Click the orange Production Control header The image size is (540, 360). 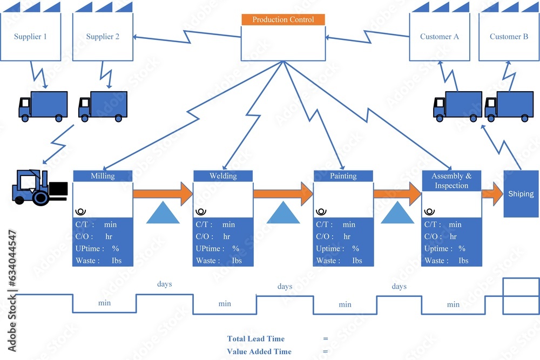tap(283, 19)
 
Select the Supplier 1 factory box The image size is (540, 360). tap(30, 36)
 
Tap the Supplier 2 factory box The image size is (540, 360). tap(103, 36)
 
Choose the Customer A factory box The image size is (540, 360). tap(439, 36)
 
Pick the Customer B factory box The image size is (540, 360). tap(509, 36)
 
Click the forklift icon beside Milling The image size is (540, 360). tap(39, 187)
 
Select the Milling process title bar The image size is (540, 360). tap(103, 176)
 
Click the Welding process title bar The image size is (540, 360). tap(223, 176)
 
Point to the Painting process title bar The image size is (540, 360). tap(343, 176)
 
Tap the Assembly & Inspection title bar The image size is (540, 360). tap(451, 181)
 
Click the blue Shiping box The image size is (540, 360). tap(521, 194)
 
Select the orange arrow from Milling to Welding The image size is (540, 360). tap(163, 194)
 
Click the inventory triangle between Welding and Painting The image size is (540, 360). tap(283, 213)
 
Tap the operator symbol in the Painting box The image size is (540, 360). tap(321, 212)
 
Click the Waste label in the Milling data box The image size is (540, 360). tap(87, 261)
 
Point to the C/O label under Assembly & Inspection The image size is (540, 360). tap(433, 236)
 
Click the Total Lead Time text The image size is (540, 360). tap(255, 338)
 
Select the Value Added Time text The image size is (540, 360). tap(259, 351)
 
